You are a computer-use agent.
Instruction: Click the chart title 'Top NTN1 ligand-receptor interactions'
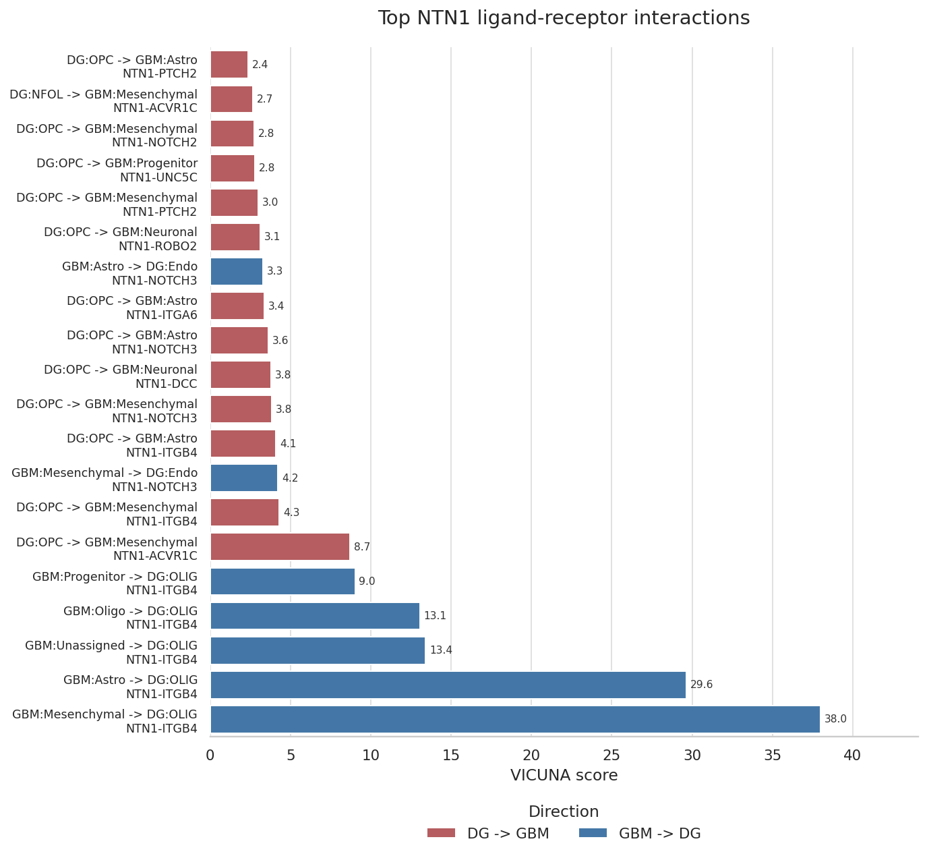click(x=564, y=18)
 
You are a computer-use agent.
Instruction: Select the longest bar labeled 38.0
click(x=515, y=719)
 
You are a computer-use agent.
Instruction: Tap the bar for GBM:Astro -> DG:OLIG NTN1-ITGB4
click(x=448, y=685)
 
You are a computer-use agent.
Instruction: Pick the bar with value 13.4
click(x=318, y=650)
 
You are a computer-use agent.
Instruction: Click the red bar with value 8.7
click(x=280, y=546)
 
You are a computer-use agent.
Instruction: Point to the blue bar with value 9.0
click(x=283, y=581)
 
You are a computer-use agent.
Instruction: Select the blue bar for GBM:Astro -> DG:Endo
click(x=237, y=271)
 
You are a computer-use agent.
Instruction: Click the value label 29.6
click(x=701, y=685)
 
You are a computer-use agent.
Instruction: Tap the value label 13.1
click(x=435, y=616)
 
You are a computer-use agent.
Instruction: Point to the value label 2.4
click(x=260, y=65)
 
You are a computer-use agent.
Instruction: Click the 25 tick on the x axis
click(x=611, y=755)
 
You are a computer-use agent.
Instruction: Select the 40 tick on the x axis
click(x=852, y=755)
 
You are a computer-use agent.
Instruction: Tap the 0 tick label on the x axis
click(x=210, y=755)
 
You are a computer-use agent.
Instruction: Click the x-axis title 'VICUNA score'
click(x=564, y=775)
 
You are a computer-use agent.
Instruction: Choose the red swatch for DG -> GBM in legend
click(x=441, y=832)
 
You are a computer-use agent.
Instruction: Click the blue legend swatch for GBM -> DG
click(x=593, y=832)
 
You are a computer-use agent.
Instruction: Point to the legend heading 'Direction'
click(x=564, y=811)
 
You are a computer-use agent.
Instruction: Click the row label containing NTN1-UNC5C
click(x=117, y=170)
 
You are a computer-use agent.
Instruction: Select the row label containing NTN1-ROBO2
click(x=121, y=239)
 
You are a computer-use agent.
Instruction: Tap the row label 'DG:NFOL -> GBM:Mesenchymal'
click(x=104, y=94)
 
